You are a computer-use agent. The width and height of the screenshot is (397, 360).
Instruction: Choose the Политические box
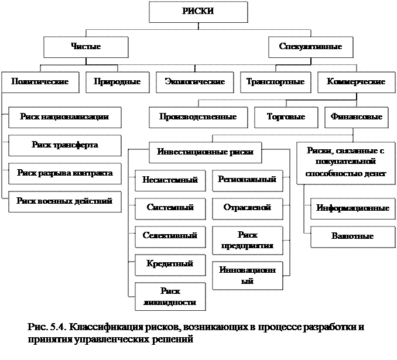click(39, 82)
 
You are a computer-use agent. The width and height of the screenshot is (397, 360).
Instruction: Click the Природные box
click(117, 82)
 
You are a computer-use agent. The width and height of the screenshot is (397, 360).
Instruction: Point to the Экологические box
click(195, 82)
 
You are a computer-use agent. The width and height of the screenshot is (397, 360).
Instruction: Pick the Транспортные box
click(275, 82)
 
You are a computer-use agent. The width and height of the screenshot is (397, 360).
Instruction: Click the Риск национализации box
click(64, 117)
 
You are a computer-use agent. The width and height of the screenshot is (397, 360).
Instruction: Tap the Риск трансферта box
click(65, 145)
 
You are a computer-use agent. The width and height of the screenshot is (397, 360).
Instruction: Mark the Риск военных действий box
click(65, 201)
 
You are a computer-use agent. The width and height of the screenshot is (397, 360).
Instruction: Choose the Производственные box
click(197, 117)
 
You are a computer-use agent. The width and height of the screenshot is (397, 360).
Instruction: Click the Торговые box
click(286, 117)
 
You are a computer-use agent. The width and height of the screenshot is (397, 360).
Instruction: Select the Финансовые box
click(356, 117)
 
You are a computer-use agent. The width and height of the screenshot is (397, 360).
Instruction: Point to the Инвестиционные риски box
click(205, 152)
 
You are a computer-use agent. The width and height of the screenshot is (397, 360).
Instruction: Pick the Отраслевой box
click(247, 208)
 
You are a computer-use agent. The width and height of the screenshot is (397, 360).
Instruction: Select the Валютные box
click(352, 236)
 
